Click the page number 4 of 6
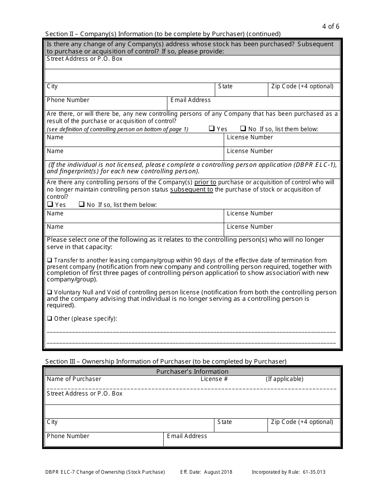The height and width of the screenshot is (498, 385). (x=331, y=27)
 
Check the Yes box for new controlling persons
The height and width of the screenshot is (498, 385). (x=212, y=129)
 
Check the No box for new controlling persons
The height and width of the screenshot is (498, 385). (x=243, y=129)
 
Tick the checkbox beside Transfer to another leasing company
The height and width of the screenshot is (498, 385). (x=49, y=260)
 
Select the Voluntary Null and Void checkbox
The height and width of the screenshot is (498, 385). (x=49, y=292)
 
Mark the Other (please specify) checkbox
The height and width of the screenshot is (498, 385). (x=49, y=319)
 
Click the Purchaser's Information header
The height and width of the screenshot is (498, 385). (x=192, y=372)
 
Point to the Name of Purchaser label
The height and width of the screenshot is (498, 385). (x=74, y=379)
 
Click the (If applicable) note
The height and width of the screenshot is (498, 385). (x=284, y=379)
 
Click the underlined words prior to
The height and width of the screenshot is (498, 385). (x=205, y=182)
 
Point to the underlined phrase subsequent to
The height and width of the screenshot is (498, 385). (x=191, y=189)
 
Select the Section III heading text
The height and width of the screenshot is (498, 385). (x=166, y=362)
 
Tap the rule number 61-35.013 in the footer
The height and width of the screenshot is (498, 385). (x=314, y=472)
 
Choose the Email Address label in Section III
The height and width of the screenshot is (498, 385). (x=187, y=436)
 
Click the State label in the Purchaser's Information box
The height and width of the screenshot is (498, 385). (x=225, y=422)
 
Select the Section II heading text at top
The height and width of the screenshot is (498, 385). (x=163, y=34)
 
